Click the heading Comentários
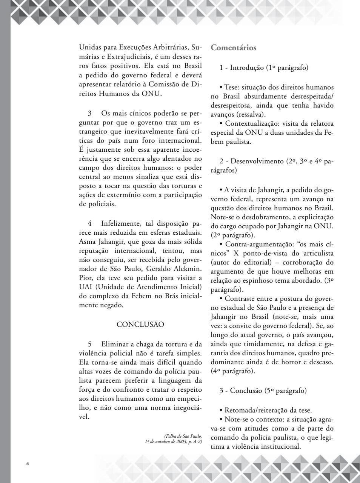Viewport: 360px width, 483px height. [x=234, y=48]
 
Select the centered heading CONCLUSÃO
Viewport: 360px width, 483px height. [x=140, y=325]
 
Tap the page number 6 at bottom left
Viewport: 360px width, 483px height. [x=28, y=464]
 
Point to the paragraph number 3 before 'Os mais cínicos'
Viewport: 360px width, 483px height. [x=90, y=113]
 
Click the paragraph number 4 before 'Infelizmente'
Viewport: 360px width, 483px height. [x=90, y=223]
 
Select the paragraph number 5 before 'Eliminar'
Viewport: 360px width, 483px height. [x=90, y=344]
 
